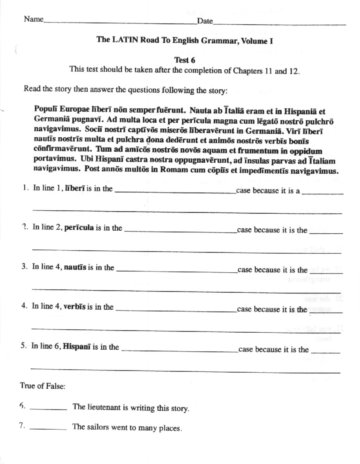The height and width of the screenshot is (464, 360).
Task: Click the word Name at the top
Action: pos(33,19)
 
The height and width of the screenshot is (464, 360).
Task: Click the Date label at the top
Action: pos(205,21)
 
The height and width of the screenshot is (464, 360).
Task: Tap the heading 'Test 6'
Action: pos(184,60)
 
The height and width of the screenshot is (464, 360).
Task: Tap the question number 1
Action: pos(26,188)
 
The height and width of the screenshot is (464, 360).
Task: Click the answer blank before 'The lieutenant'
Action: pos(49,409)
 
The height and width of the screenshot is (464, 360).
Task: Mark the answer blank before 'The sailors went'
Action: pos(49,429)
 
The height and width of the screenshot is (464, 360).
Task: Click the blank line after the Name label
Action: pos(120,22)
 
